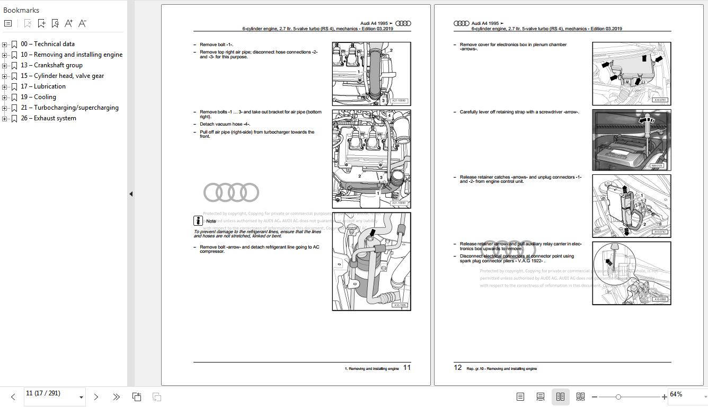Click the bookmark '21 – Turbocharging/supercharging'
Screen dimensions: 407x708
tap(69, 108)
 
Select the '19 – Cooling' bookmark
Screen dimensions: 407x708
tap(38, 97)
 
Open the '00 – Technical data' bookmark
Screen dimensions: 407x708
tap(48, 44)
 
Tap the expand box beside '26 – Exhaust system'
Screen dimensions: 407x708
tap(5, 118)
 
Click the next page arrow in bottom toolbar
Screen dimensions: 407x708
tap(96, 397)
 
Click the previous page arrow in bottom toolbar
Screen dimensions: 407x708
tap(13, 397)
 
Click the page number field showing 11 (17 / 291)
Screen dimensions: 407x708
tap(50, 394)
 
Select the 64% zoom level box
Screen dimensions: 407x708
tap(684, 395)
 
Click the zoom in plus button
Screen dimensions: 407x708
tap(664, 397)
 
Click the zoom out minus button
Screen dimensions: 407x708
tap(595, 397)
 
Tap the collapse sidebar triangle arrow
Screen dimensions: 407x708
tap(131, 194)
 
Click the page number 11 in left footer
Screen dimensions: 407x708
tap(407, 367)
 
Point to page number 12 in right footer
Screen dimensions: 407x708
tap(458, 367)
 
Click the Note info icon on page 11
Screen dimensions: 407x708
tap(198, 220)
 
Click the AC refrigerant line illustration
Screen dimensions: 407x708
tap(371, 261)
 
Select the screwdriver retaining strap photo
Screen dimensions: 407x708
tap(631, 140)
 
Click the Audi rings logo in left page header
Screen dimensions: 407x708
tap(403, 23)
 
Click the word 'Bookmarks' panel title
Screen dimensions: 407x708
tap(21, 10)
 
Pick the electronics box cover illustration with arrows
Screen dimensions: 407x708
tap(631, 74)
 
